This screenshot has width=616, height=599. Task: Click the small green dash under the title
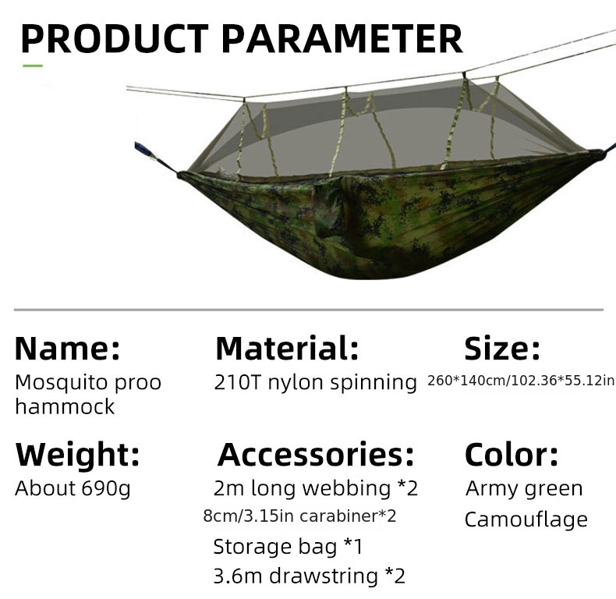(x=33, y=66)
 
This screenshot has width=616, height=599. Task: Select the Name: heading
(x=68, y=349)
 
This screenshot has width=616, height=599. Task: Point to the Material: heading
(x=287, y=349)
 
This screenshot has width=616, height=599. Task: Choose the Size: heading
(x=502, y=349)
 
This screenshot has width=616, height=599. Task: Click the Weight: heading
(x=78, y=453)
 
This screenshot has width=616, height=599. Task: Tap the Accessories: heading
(x=316, y=453)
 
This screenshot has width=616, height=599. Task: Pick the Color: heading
(x=512, y=453)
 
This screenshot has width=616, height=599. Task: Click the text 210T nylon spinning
(x=316, y=382)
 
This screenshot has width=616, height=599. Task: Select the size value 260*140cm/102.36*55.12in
(x=521, y=381)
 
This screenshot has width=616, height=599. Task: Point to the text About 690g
(x=73, y=488)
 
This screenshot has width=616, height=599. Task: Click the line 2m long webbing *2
(x=316, y=488)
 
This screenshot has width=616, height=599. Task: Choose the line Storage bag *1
(x=288, y=546)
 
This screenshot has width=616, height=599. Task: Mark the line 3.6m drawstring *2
(x=310, y=576)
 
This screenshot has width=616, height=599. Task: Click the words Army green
(x=524, y=488)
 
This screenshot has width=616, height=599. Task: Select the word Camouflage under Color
(x=526, y=519)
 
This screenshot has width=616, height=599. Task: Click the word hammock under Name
(x=65, y=406)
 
